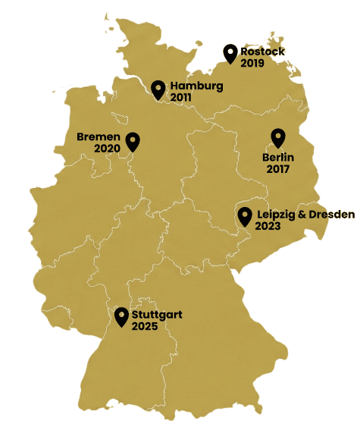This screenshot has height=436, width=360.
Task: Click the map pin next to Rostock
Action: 230,54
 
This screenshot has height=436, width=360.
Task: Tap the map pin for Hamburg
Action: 158,89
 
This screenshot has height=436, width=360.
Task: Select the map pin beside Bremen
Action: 133,142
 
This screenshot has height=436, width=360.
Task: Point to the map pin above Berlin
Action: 278,138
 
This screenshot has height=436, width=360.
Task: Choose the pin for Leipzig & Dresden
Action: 244,217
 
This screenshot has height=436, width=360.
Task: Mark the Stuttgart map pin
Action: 121,316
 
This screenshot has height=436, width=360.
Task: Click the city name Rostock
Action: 263,52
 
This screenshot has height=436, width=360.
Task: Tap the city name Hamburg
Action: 196,86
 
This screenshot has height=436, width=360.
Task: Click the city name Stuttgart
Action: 157,314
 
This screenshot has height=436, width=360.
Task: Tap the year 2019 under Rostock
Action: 252,64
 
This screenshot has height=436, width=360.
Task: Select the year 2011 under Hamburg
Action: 181,98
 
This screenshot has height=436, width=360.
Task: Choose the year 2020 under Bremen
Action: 108,149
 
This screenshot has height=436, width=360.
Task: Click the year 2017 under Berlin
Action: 278,169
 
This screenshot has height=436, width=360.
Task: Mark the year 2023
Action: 268,226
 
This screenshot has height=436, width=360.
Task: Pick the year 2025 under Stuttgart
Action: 144,326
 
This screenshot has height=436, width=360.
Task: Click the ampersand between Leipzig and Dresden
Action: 306,215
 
